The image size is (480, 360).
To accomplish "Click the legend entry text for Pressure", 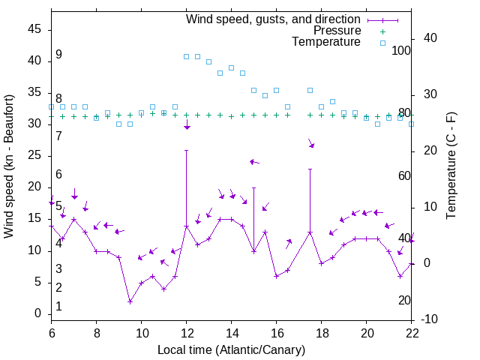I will (337, 31).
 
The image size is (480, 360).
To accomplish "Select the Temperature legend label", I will (326, 42).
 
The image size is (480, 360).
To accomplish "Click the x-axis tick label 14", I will (232, 332).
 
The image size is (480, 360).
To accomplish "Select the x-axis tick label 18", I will (322, 332).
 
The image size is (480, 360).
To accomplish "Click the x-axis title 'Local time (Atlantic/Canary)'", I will (232, 349).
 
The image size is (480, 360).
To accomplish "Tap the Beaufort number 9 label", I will (58, 55).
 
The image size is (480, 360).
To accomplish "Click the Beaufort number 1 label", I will (58, 307).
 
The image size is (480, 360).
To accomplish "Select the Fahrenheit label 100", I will (401, 50).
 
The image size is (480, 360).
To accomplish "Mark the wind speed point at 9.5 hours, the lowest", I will (130, 301).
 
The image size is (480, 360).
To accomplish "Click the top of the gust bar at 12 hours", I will (187, 150).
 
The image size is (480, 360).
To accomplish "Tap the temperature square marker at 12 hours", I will (187, 56).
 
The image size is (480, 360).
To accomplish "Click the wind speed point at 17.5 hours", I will (310, 232).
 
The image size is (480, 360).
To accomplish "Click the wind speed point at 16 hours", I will (276, 276).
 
